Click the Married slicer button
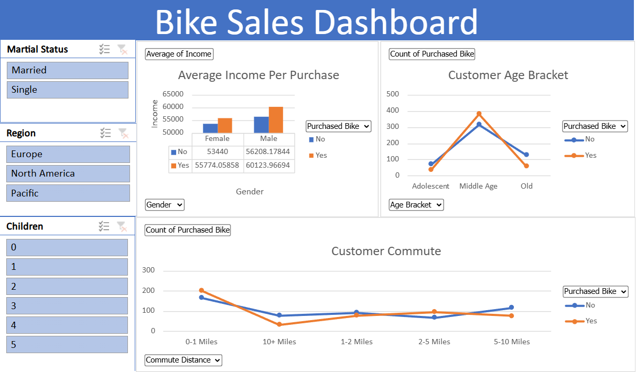tap(68, 70)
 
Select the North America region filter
tap(68, 173)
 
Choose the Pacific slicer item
tap(68, 193)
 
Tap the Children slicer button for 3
tap(67, 305)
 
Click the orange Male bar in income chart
tap(276, 119)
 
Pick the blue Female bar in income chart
tap(210, 128)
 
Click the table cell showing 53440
tap(217, 152)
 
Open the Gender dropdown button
tap(165, 205)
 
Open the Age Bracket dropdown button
tap(416, 205)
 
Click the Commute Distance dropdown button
tap(184, 360)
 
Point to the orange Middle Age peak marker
tap(479, 114)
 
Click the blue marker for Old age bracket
tap(526, 155)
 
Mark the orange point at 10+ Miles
tap(279, 324)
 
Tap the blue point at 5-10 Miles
tap(511, 308)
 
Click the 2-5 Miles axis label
tap(434, 342)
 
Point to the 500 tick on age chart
tap(393, 94)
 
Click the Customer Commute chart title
tap(386, 251)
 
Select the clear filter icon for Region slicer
tap(123, 133)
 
